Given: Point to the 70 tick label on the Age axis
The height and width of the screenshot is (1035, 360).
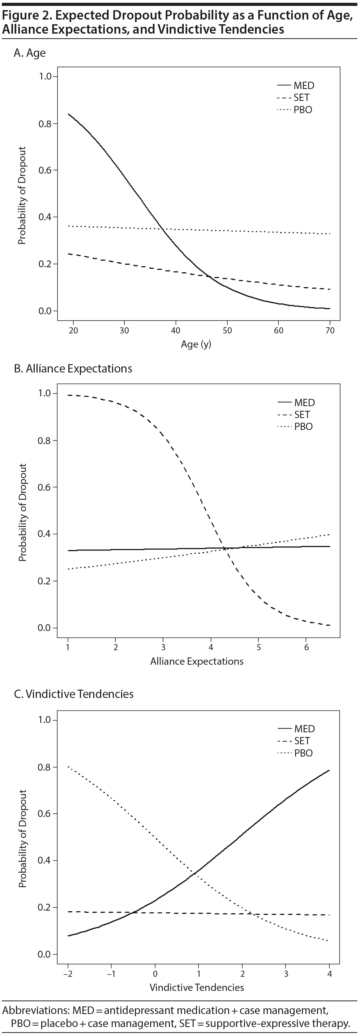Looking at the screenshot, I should pyautogui.click(x=330, y=330).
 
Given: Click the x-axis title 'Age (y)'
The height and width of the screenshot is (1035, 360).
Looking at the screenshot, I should pyautogui.click(x=196, y=344).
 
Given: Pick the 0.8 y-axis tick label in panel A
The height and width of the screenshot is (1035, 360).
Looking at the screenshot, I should pyautogui.click(x=45, y=124).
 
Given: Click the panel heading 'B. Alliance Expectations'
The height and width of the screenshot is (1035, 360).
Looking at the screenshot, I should pyautogui.click(x=73, y=369).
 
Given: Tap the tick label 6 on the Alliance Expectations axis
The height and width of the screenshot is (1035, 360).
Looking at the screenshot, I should pyautogui.click(x=306, y=647).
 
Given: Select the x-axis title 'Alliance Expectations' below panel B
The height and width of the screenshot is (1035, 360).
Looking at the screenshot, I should pyautogui.click(x=197, y=661).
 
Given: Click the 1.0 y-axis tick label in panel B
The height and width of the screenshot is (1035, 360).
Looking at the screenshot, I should pyautogui.click(x=45, y=393).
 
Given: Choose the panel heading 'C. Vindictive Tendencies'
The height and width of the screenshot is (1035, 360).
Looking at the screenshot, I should pyautogui.click(x=73, y=694).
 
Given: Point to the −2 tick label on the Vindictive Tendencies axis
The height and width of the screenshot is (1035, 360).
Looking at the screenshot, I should pyautogui.click(x=68, y=974).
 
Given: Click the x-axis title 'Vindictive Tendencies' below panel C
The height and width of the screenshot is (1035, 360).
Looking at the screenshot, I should pyautogui.click(x=197, y=987).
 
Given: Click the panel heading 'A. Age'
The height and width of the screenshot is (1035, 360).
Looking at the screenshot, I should pyautogui.click(x=30, y=53).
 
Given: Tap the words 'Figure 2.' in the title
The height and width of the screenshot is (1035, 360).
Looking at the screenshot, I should pyautogui.click(x=26, y=15).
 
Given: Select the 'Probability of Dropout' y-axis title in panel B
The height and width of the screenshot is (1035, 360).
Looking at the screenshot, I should pyautogui.click(x=22, y=512).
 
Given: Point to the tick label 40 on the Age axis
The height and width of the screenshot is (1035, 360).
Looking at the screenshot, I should pyautogui.click(x=176, y=330).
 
